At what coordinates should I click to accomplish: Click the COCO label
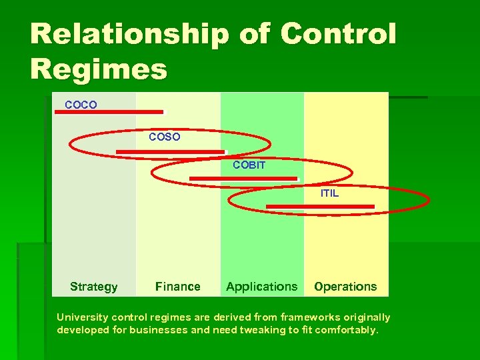pyautogui.click(x=81, y=105)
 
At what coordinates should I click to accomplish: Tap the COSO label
pyautogui.click(x=164, y=137)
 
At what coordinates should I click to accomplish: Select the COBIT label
pyautogui.click(x=249, y=165)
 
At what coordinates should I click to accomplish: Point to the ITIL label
pyautogui.click(x=329, y=193)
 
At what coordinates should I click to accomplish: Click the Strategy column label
pyautogui.click(x=93, y=287)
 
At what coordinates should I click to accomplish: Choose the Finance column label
pyautogui.click(x=177, y=287)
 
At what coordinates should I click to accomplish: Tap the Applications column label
pyautogui.click(x=261, y=287)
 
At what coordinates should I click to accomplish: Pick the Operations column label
pyautogui.click(x=345, y=287)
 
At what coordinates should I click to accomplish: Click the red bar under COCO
pyautogui.click(x=109, y=112)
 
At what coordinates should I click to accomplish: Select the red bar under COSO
pyautogui.click(x=171, y=152)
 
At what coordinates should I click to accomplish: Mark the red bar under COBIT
pyautogui.click(x=243, y=179)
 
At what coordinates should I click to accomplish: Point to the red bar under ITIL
pyautogui.click(x=320, y=207)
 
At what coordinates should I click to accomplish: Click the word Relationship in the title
pyautogui.click(x=121, y=35)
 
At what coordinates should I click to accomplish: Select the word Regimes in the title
pyautogui.click(x=98, y=69)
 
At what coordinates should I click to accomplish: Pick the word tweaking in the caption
pyautogui.click(x=262, y=329)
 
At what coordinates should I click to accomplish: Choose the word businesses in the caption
pyautogui.click(x=153, y=329)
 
